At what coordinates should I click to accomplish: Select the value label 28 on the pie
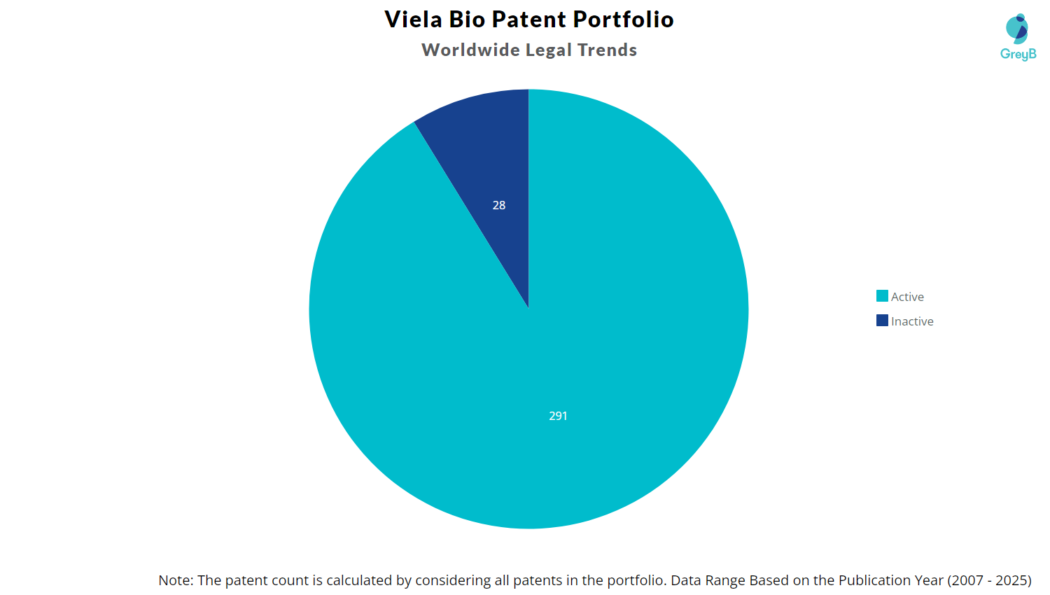(x=499, y=205)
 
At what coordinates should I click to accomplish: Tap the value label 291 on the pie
(x=558, y=416)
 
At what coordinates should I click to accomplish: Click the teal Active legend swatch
(x=882, y=296)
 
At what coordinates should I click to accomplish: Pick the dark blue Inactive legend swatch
(x=882, y=321)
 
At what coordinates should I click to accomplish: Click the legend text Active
(x=907, y=297)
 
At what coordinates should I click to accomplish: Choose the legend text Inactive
(x=912, y=321)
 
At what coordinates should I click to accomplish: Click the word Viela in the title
(x=414, y=20)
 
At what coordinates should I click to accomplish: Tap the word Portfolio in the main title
(x=623, y=20)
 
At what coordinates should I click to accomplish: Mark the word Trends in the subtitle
(x=608, y=50)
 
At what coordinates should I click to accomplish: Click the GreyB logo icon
(x=1017, y=28)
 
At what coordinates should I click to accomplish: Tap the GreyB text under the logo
(x=1018, y=54)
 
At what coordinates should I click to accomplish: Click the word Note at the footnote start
(x=175, y=580)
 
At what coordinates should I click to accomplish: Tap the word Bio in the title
(x=468, y=20)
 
